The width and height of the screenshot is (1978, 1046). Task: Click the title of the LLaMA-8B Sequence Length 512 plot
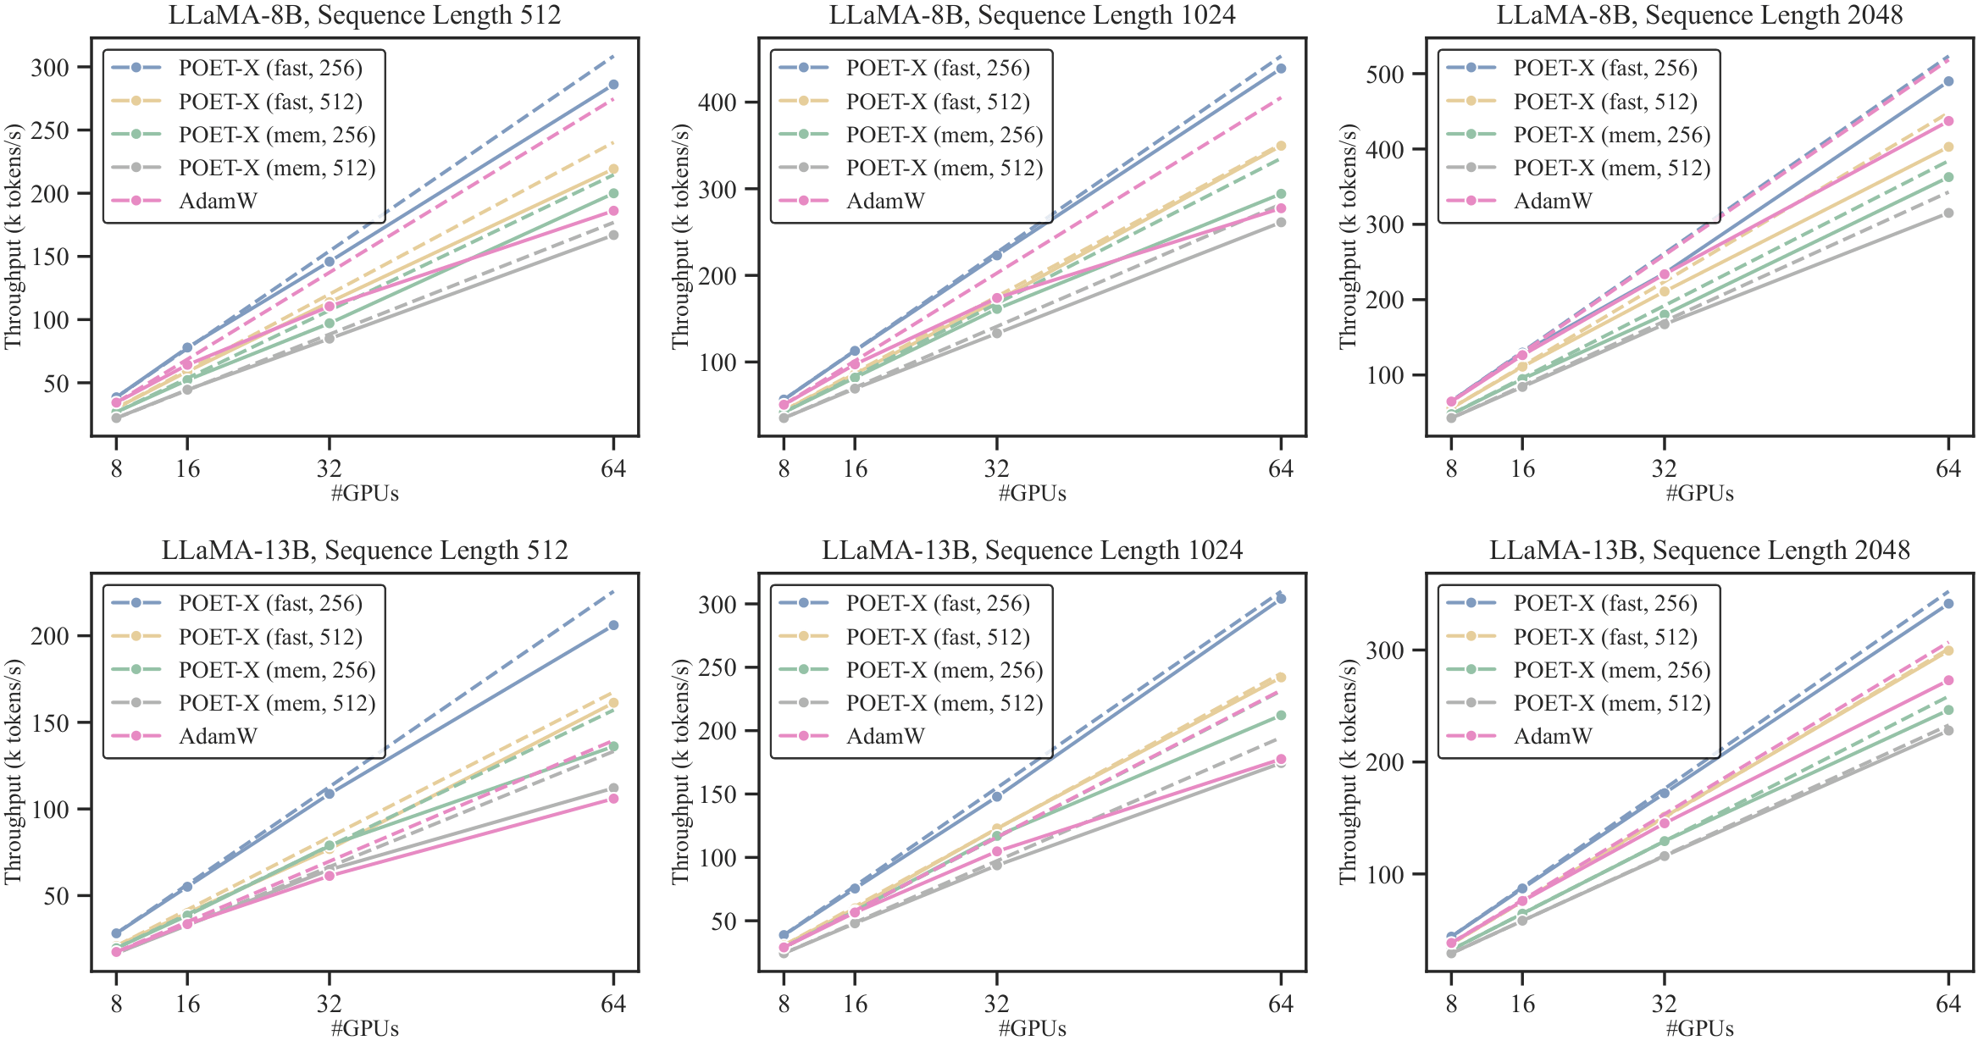point(364,15)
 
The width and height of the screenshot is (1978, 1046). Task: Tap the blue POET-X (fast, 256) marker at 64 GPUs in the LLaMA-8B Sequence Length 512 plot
point(613,85)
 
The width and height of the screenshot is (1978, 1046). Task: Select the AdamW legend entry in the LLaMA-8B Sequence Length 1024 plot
point(885,202)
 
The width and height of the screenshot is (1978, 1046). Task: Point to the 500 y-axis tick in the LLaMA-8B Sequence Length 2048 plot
point(1386,74)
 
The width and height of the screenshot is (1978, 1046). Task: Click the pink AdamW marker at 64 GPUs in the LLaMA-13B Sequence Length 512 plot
point(613,799)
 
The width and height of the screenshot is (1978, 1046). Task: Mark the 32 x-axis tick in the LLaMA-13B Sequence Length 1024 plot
point(997,1004)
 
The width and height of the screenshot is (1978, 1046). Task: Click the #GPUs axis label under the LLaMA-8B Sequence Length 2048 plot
point(1699,494)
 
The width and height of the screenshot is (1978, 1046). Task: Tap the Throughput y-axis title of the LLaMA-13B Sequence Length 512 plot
point(13,772)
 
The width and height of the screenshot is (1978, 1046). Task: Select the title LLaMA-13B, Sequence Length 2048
point(1699,551)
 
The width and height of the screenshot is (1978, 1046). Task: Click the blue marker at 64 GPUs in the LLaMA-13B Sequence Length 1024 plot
point(1281,599)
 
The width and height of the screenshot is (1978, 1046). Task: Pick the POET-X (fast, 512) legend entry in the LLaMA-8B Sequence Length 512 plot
point(270,102)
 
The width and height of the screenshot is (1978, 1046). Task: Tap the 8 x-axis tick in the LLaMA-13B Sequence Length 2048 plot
point(1451,1004)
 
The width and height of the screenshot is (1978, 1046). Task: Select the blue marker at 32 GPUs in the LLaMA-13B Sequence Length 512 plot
point(330,794)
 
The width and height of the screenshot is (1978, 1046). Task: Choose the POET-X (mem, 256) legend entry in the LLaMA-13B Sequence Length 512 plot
point(277,670)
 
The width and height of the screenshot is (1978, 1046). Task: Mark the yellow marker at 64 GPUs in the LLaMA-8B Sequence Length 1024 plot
point(1281,147)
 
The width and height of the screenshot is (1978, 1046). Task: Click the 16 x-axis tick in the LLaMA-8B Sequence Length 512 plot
point(187,468)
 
